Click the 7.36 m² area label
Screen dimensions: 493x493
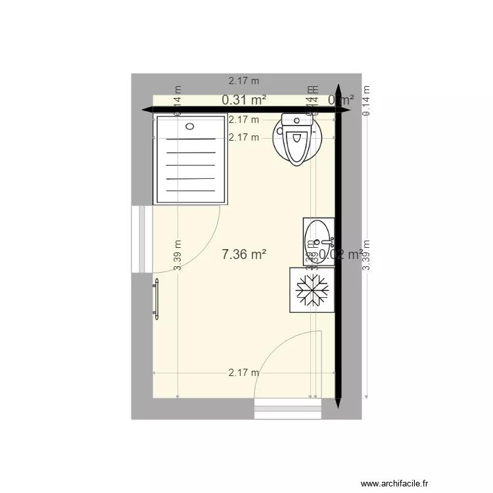point(244,254)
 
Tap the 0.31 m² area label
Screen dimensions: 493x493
point(244,100)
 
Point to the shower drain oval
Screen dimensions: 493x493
point(191,126)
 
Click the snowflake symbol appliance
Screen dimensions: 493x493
point(312,290)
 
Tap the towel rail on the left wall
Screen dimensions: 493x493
point(156,299)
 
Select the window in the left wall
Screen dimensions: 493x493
point(138,239)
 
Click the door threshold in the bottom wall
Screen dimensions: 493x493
point(287,409)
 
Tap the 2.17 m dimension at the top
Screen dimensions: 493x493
point(244,81)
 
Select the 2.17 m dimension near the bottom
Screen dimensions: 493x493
point(244,373)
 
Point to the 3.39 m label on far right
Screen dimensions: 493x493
point(367,255)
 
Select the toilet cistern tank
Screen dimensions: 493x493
point(296,120)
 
